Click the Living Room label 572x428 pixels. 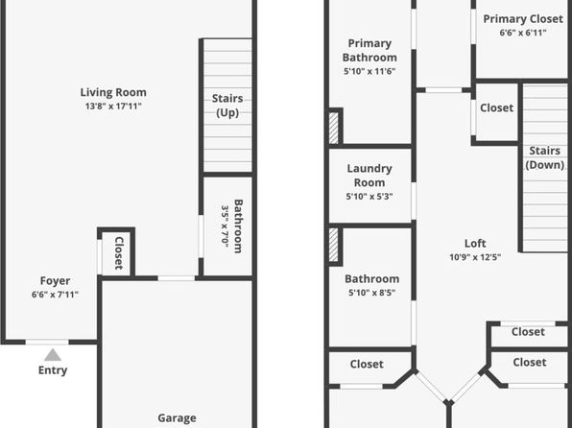[113, 92]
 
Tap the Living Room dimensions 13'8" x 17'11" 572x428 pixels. [113, 107]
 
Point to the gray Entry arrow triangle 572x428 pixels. [53, 355]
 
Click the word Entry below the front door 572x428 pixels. [53, 370]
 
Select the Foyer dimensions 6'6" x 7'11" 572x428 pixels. [55, 295]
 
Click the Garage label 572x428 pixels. [177, 417]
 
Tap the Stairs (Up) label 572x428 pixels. [227, 106]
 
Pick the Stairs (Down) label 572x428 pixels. [544, 157]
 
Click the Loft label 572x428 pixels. [475, 244]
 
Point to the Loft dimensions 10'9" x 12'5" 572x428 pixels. [475, 257]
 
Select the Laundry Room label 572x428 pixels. [369, 176]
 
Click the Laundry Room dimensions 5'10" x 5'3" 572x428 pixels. [369, 197]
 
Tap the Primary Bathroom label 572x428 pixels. [369, 50]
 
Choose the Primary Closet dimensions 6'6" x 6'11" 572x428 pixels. [523, 33]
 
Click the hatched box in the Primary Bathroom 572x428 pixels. [333, 128]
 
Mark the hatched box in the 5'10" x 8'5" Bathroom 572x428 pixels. [333, 245]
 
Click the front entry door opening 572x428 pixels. [47, 342]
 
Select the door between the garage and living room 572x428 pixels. [177, 278]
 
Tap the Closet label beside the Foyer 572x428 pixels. [119, 253]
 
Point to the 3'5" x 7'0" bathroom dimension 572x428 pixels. [226, 226]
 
